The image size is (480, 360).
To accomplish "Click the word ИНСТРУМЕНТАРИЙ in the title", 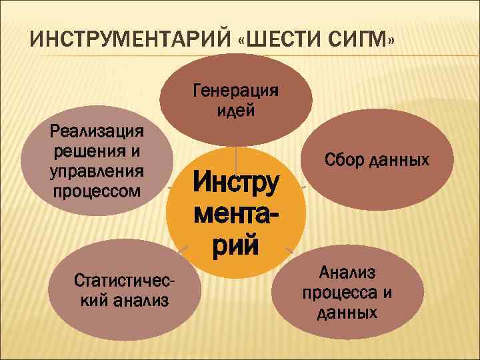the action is coord(127,39).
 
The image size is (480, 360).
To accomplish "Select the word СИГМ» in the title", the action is coord(365,39).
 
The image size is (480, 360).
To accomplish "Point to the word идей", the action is coord(236,110).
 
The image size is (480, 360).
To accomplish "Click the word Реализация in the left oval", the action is coord(97,131).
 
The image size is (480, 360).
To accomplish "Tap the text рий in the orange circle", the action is coord(235,245).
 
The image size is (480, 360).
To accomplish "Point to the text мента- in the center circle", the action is coord(235,214).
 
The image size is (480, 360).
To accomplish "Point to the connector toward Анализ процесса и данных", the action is coord(289,251).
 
